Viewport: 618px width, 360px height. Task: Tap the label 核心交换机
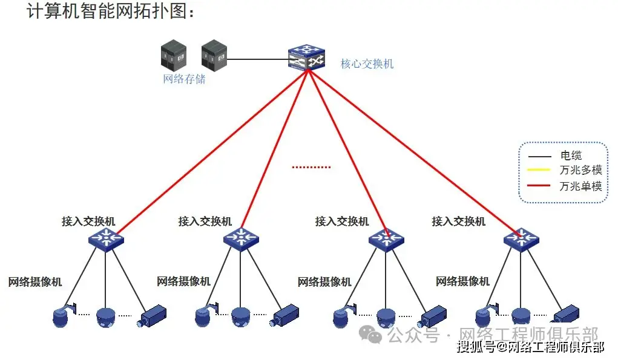tap(367, 64)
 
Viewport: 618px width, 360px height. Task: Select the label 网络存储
tap(184, 79)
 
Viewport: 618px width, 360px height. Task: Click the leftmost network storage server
tap(174, 54)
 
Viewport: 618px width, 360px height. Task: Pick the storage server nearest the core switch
tap(214, 54)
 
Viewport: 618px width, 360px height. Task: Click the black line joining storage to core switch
tap(257, 59)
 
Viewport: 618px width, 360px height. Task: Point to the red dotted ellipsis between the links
tap(311, 167)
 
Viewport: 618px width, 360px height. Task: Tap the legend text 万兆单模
tap(580, 185)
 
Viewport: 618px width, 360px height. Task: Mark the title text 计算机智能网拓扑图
tap(110, 13)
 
